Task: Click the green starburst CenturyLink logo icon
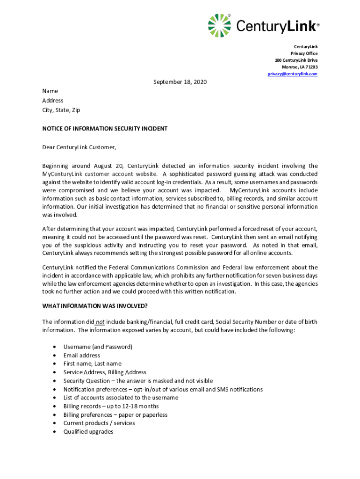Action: (x=219, y=26)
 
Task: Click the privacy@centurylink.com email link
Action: (x=293, y=74)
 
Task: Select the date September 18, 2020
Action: (x=180, y=82)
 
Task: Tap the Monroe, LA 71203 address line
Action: (x=299, y=67)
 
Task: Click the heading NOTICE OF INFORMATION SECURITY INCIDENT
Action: (x=105, y=129)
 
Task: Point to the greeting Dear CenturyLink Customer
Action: (x=79, y=147)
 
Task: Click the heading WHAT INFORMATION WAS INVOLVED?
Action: (x=95, y=306)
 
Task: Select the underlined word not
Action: (x=100, y=322)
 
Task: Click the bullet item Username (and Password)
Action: (x=98, y=347)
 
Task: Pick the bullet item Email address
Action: (x=81, y=356)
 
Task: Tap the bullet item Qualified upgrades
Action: (x=88, y=432)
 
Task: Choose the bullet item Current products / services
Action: (x=99, y=423)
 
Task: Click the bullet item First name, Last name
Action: (x=92, y=363)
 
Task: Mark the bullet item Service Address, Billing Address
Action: (x=105, y=372)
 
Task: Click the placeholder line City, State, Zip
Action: (x=61, y=110)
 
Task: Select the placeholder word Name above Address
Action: (x=50, y=92)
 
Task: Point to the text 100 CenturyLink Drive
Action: (x=296, y=60)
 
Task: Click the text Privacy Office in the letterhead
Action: (x=304, y=53)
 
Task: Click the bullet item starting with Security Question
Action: (x=138, y=381)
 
